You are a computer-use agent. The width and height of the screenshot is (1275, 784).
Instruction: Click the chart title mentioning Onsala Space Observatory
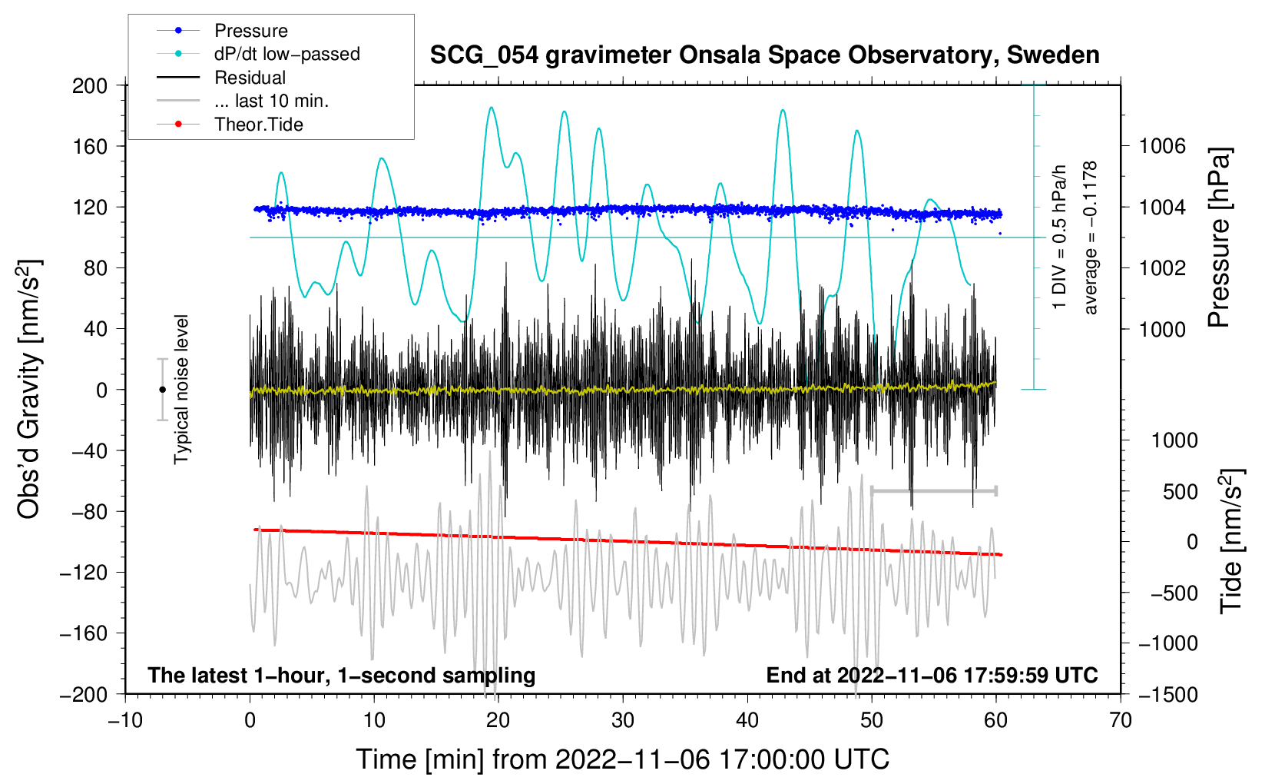[764, 55]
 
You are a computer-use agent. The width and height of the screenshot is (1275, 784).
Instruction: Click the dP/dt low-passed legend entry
[286, 54]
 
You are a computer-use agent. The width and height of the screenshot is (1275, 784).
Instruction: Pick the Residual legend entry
[250, 78]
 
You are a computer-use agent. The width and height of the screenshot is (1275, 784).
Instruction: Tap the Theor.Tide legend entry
[258, 125]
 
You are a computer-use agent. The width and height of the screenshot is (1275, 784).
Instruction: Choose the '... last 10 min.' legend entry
[271, 101]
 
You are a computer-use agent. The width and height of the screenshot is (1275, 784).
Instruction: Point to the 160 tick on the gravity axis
[90, 146]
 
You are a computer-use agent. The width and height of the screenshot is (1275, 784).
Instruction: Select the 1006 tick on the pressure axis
[1162, 146]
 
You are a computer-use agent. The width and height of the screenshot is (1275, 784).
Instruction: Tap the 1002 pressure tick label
[1162, 268]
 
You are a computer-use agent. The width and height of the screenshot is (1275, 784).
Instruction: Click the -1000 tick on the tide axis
[1167, 643]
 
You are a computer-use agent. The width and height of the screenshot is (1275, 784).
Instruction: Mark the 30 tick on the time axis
[623, 720]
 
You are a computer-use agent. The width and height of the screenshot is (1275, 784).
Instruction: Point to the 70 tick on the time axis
[1121, 720]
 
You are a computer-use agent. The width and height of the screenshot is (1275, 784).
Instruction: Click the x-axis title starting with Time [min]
[623, 759]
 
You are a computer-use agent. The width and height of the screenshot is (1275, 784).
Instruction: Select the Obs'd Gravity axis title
[28, 389]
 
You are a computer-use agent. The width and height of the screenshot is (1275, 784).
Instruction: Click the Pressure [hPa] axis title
[1219, 238]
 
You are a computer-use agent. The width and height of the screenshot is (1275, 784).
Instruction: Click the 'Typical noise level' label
[181, 389]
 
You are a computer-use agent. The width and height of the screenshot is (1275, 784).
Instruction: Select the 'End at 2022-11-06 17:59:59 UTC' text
[932, 675]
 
